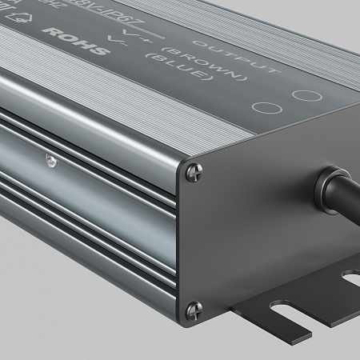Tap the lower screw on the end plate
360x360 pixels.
tap(193, 307)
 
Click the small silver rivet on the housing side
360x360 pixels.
tap(50, 161)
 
